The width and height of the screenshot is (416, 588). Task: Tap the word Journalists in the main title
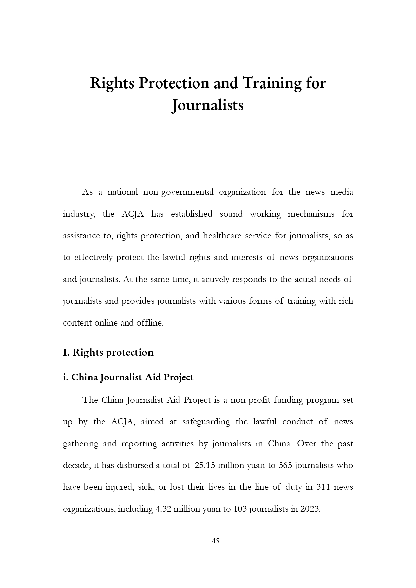coord(207,105)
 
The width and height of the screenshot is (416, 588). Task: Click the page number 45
coord(216,541)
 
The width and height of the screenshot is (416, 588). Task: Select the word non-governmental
coord(178,192)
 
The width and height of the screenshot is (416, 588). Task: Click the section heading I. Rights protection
coord(108,352)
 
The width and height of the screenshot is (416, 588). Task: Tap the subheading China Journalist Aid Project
coord(132,377)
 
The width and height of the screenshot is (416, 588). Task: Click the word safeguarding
coord(206,422)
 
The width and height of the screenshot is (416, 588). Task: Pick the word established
coord(191,214)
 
